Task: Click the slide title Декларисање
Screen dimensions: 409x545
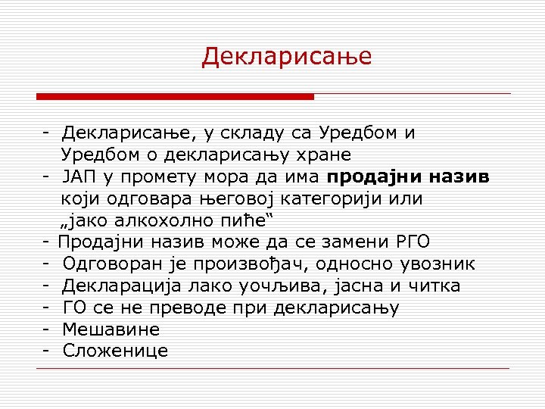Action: [287, 57]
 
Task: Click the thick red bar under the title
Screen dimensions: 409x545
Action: [175, 97]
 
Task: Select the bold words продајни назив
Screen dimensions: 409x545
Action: [409, 177]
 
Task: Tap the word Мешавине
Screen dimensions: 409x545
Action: [111, 329]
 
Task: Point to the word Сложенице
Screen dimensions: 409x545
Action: [116, 351]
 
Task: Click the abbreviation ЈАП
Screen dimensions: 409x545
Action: [80, 177]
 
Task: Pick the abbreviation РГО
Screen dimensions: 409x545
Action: [413, 242]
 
